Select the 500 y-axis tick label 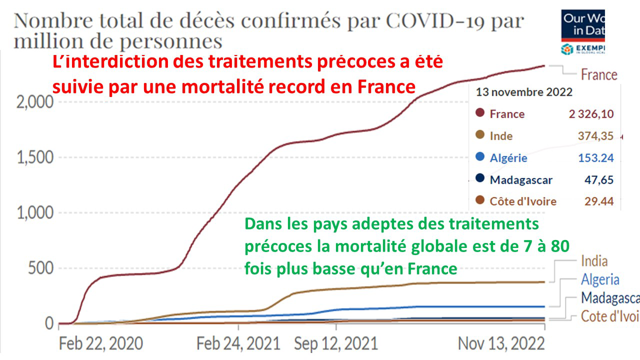click(41, 268)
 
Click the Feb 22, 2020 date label click(100, 343)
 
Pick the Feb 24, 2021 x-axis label click(238, 343)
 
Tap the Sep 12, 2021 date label click(336, 343)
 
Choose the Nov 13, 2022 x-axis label click(502, 343)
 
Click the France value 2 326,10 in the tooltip click(591, 114)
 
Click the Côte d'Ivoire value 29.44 click(599, 201)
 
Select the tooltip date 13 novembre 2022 click(524, 92)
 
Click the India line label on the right click(594, 261)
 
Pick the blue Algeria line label click(600, 279)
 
